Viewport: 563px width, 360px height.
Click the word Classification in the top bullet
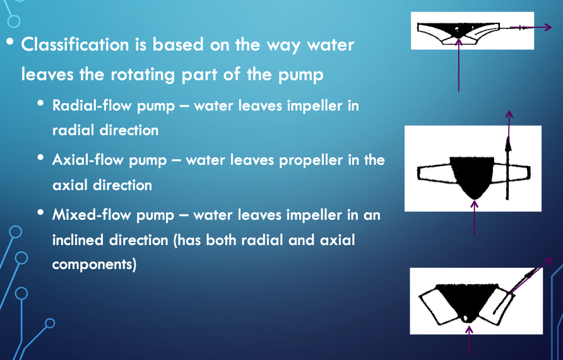pyautogui.click(x=75, y=45)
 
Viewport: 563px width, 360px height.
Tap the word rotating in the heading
pyautogui.click(x=143, y=75)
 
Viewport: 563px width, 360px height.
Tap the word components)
pyautogui.click(x=95, y=265)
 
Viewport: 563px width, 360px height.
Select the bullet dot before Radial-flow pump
pyautogui.click(x=40, y=104)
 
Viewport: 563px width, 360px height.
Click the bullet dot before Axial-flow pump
pyautogui.click(x=40, y=157)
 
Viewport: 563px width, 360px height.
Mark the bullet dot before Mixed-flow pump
pyautogui.click(x=40, y=212)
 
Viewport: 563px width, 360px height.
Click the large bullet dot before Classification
pyautogui.click(x=10, y=42)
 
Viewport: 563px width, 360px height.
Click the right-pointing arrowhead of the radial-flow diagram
pyautogui.click(x=548, y=27)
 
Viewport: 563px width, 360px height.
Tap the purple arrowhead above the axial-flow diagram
pyautogui.click(x=509, y=114)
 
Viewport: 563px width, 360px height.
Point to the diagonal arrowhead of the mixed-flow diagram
pyautogui.click(x=548, y=261)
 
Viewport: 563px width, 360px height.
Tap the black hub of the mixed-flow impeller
pyautogui.click(x=467, y=300)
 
